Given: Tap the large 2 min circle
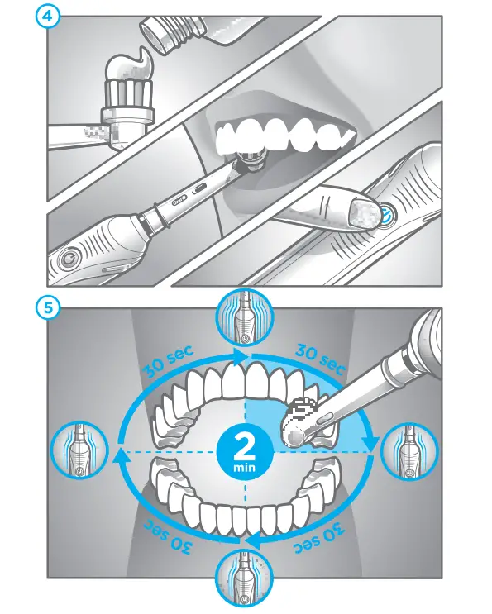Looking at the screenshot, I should (245, 452).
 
